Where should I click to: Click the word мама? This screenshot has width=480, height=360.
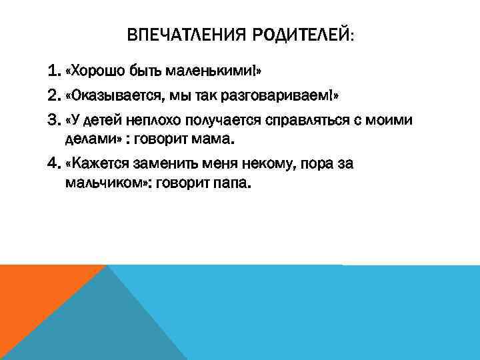[x=218, y=139]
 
